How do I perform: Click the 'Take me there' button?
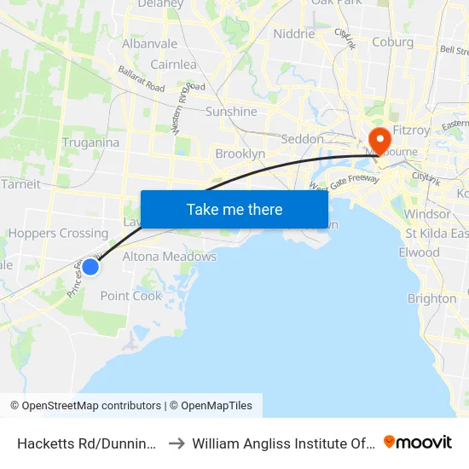tap(234, 209)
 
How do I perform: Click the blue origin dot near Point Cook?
tap(90, 267)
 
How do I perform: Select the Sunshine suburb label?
tap(231, 112)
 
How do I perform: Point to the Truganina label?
tap(90, 142)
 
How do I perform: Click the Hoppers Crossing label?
tap(58, 233)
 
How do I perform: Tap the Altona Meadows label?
tap(170, 256)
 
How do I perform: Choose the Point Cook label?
tap(131, 296)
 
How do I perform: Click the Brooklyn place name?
tap(240, 153)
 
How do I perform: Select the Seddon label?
tap(302, 138)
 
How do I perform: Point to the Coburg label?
tap(393, 42)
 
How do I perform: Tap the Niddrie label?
tap(294, 34)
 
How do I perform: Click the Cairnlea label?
tap(173, 64)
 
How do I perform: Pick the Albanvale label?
tap(150, 43)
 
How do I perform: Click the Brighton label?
tap(431, 298)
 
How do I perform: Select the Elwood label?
tap(419, 252)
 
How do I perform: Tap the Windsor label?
tap(428, 213)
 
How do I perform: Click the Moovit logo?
tap(418, 442)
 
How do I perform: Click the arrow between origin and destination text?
tap(175, 443)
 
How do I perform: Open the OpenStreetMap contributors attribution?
tap(85, 406)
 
